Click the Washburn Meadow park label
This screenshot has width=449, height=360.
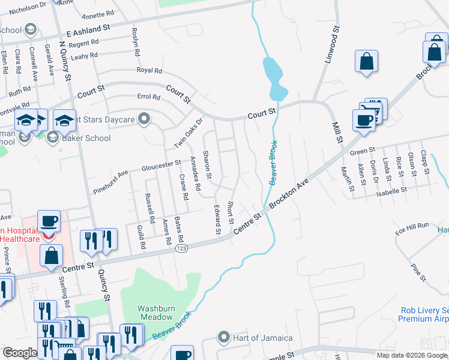click(x=155, y=313)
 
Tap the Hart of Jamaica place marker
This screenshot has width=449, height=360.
click(x=224, y=338)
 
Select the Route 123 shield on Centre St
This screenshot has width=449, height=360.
click(x=181, y=247)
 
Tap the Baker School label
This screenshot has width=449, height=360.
click(x=87, y=138)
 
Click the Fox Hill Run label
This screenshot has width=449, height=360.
click(x=412, y=225)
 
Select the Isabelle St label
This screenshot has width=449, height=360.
click(x=392, y=190)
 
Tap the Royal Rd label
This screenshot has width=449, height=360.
click(x=149, y=70)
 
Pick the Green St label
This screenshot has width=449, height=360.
click(x=363, y=151)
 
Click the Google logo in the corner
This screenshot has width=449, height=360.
click(x=20, y=353)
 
